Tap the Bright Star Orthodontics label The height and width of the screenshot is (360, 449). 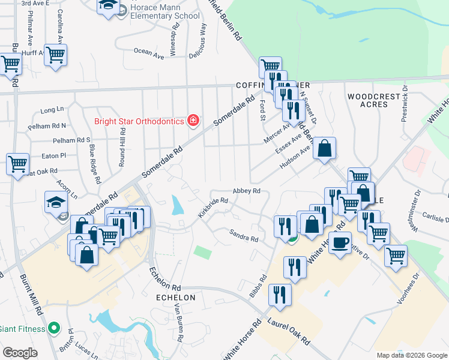coord(139,121)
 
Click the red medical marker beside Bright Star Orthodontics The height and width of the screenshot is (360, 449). coord(193,121)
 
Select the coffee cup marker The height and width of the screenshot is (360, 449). coord(340,242)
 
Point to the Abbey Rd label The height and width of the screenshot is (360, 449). coord(247,191)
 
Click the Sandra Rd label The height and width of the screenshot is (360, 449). coord(243,235)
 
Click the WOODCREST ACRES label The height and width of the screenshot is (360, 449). coord(373,100)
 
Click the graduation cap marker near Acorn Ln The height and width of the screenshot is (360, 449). coord(56,202)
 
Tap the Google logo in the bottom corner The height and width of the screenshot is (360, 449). coord(20,352)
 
